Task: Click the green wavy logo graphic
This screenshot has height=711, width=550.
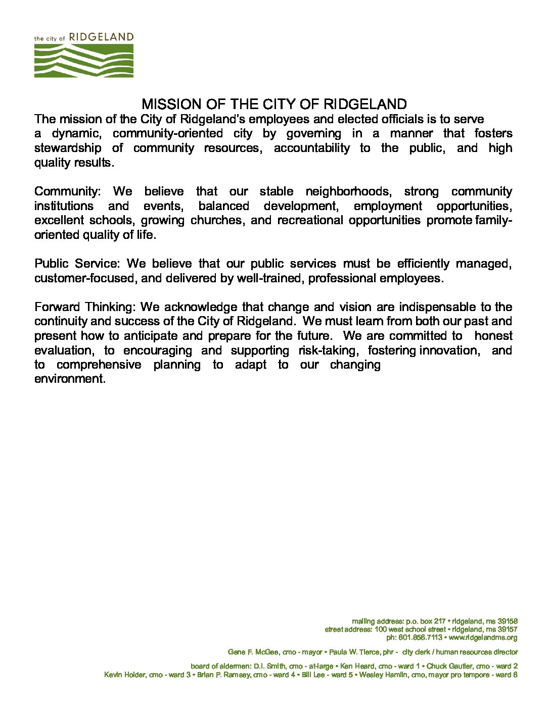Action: pos(84,61)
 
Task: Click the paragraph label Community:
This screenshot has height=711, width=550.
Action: pos(68,192)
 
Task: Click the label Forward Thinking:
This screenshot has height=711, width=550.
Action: pos(85,307)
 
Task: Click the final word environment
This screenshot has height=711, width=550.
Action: pos(70,379)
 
